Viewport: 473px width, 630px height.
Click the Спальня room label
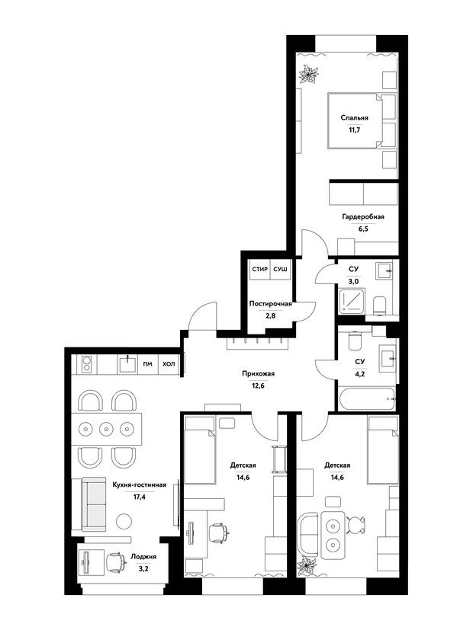tap(354, 118)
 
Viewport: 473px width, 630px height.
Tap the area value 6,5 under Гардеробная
tap(364, 229)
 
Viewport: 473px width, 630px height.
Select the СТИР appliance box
tap(260, 268)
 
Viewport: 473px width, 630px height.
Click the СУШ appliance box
tap(280, 268)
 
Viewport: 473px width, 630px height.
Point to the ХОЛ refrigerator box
tap(169, 364)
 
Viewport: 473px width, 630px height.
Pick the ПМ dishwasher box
tap(148, 364)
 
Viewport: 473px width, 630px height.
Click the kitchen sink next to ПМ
tap(128, 364)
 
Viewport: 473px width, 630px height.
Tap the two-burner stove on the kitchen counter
tap(85, 363)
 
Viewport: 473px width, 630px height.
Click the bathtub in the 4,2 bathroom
tap(367, 399)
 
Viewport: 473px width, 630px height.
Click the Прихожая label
tap(258, 374)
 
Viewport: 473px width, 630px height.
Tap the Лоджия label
tap(143, 557)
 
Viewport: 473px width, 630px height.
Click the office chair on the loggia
tap(115, 561)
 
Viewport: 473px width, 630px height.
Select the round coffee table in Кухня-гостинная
tap(124, 521)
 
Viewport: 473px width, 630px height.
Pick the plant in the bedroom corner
tap(309, 75)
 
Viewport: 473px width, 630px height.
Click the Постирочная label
tap(270, 304)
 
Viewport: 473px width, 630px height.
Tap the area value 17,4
tap(139, 497)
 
